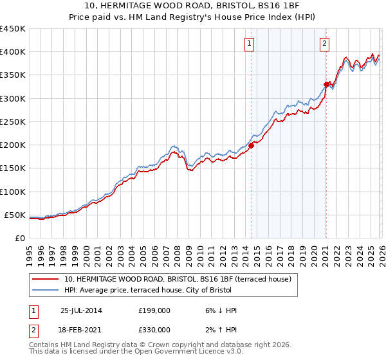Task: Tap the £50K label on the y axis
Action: [15, 215]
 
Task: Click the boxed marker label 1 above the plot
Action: [249, 44]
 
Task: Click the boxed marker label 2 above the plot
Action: [324, 44]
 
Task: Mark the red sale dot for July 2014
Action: [251, 145]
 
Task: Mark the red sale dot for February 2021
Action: [326, 84]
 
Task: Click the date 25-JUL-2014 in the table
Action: [80, 310]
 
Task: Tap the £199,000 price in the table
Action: [154, 310]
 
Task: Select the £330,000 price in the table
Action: [154, 329]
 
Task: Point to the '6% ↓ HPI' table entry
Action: [219, 310]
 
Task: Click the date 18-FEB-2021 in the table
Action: [80, 329]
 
